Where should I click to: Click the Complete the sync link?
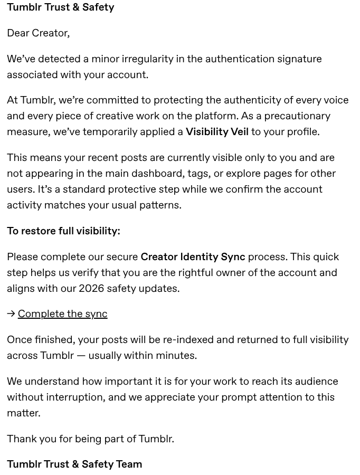pyautogui.click(x=62, y=314)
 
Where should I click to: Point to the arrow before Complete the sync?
pyautogui.click(x=11, y=314)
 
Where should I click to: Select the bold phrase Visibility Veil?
pyautogui.click(x=217, y=132)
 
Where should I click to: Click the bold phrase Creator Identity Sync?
pyautogui.click(x=193, y=257)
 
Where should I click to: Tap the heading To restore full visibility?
pyautogui.click(x=63, y=231)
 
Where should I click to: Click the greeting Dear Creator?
pyautogui.click(x=38, y=33)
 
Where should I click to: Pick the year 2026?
pyautogui.click(x=91, y=289)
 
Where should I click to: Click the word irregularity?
pyautogui.click(x=148, y=59)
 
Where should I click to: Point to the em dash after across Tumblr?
pyautogui.click(x=81, y=356)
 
